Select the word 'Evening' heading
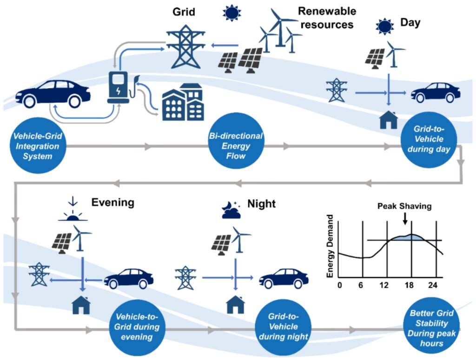coord(112,202)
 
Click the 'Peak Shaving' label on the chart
coord(403,205)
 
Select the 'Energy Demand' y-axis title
coord(331,246)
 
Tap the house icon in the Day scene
coord(389,120)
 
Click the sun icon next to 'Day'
coord(385,27)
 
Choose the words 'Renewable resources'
coord(327,17)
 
